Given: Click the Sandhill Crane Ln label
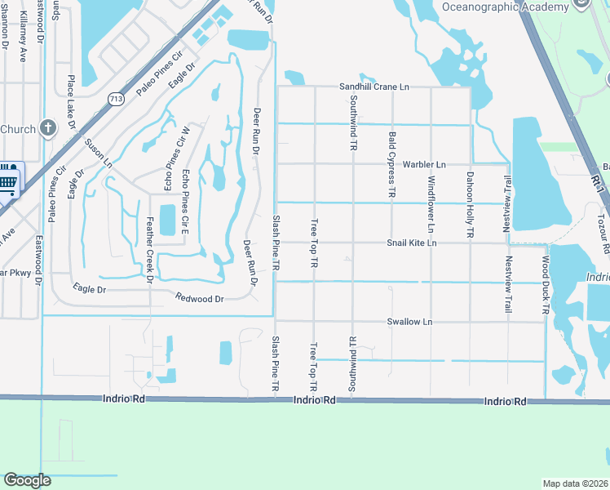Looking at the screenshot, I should click(x=374, y=86).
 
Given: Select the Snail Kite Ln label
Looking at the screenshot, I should click(x=412, y=243).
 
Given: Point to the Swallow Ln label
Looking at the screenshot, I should click(x=409, y=322).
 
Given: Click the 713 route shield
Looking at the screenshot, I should click(x=116, y=98).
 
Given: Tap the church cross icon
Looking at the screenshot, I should click(x=48, y=128).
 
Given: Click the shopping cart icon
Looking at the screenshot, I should click(x=8, y=178).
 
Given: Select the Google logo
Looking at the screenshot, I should click(x=27, y=480).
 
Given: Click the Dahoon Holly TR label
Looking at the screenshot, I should click(x=471, y=204).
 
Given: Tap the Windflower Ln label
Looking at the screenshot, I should click(x=431, y=206).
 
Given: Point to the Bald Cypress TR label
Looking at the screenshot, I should click(x=392, y=167).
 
